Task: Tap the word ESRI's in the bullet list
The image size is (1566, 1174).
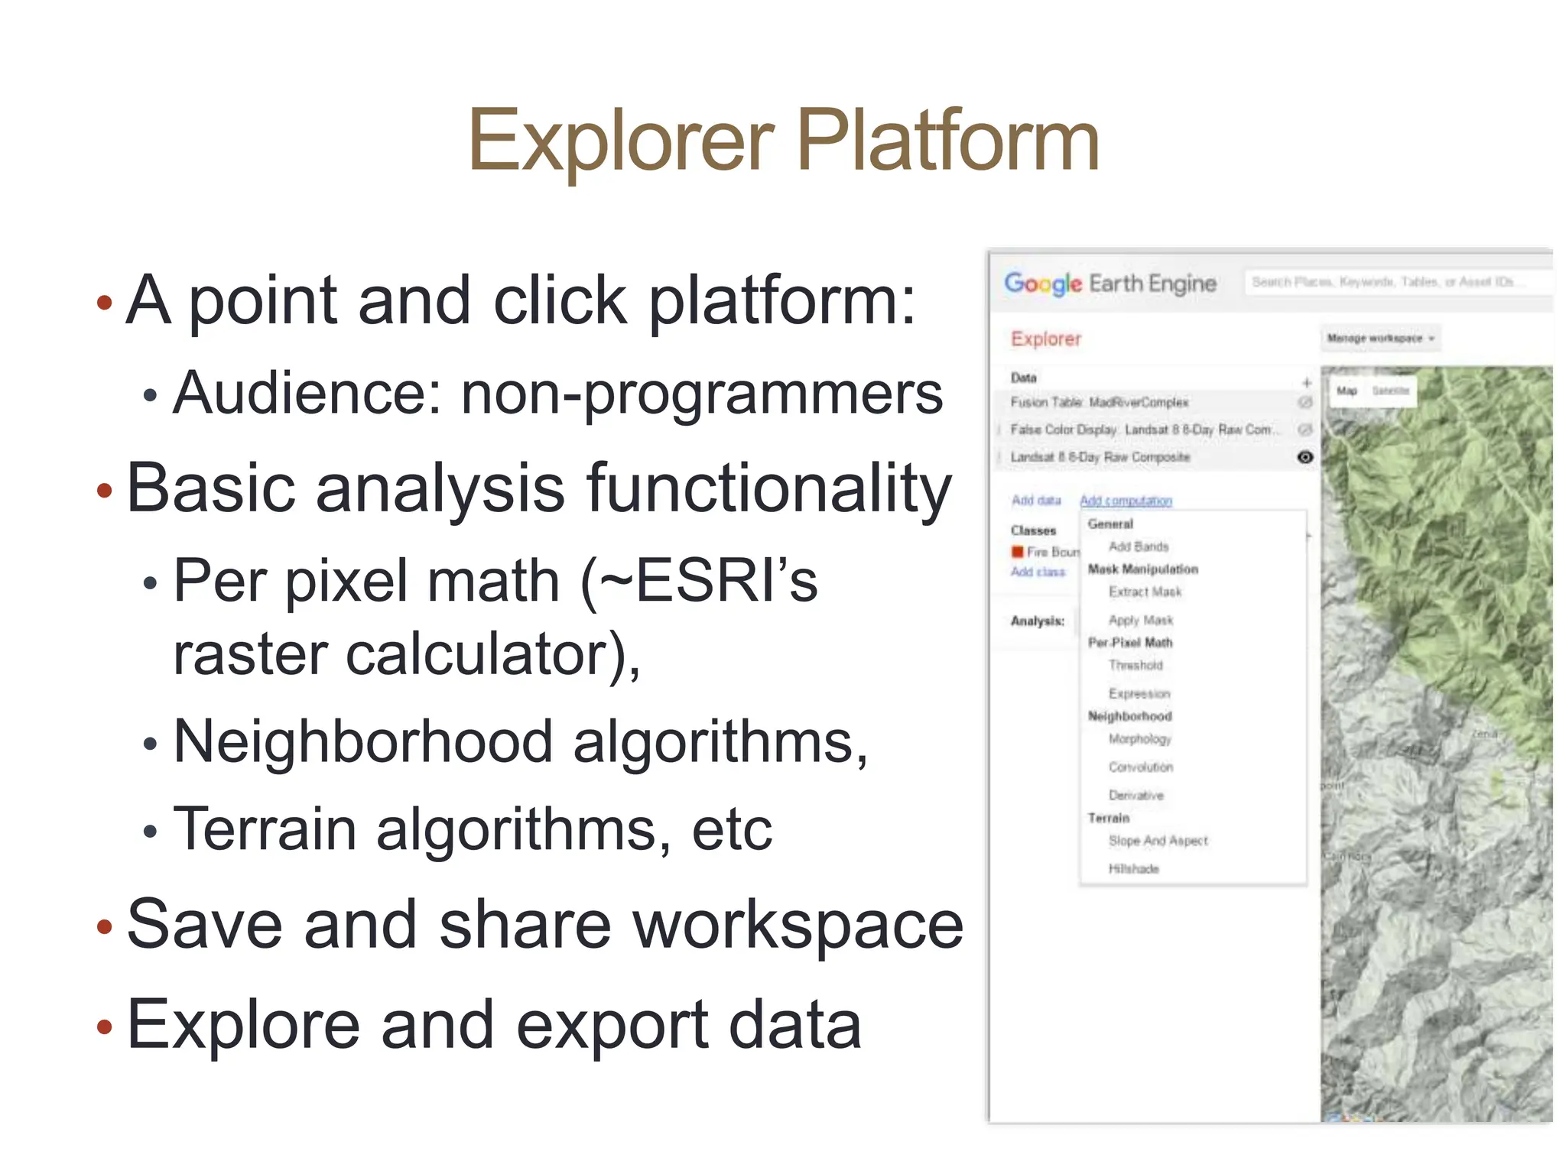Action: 726,581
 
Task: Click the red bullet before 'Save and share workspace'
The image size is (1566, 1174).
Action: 105,927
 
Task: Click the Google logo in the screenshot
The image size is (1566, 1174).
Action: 1043,284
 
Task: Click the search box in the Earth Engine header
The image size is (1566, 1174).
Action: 1392,282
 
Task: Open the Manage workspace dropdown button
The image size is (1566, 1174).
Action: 1379,338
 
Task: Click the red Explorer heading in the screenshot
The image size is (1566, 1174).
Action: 1045,339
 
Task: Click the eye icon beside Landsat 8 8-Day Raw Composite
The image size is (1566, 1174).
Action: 1305,457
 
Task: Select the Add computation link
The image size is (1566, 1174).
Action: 1126,501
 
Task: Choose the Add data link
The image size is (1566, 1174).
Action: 1036,500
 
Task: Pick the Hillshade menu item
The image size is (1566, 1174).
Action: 1133,869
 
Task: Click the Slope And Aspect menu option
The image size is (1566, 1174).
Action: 1158,841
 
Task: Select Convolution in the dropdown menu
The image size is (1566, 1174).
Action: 1140,767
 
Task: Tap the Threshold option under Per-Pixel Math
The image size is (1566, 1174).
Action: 1136,666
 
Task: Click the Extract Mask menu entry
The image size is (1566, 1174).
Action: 1145,592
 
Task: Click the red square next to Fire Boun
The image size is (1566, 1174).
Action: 1017,552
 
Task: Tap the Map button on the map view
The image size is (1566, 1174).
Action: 1347,391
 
